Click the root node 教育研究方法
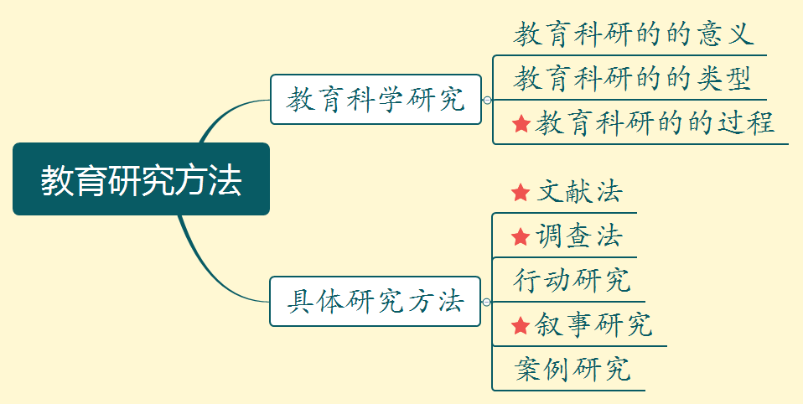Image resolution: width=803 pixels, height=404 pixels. (x=141, y=179)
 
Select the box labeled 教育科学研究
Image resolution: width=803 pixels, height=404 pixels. (x=376, y=99)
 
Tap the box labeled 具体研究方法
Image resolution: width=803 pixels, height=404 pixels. (x=375, y=301)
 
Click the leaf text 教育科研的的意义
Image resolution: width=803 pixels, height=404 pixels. (x=634, y=34)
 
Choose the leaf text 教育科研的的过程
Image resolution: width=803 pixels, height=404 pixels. (x=655, y=123)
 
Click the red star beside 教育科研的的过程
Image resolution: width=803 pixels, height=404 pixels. (x=521, y=124)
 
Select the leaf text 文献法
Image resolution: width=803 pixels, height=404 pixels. (x=580, y=192)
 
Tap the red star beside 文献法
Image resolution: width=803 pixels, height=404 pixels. (x=521, y=193)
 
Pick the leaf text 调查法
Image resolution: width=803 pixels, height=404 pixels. (x=580, y=236)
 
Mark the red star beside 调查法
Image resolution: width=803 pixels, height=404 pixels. (x=521, y=237)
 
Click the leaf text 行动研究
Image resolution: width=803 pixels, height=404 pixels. (x=572, y=280)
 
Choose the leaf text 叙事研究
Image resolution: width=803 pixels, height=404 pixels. (x=593, y=324)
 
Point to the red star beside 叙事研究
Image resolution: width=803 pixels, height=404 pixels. (x=521, y=325)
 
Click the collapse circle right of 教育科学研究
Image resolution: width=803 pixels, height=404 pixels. (x=487, y=100)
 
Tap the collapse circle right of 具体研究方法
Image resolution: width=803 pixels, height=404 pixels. (x=486, y=302)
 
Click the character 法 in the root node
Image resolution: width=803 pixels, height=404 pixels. (x=225, y=180)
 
